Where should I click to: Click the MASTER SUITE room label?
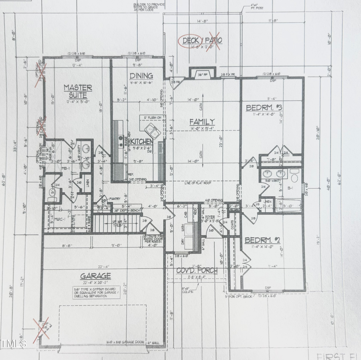tap(78, 91)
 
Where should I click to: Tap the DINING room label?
tap(141, 75)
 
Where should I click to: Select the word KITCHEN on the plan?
tap(141, 142)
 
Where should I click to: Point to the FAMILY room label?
tap(202, 122)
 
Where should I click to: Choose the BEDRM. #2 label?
tap(262, 240)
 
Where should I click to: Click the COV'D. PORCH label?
tap(197, 270)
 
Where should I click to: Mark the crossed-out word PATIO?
tap(214, 40)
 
